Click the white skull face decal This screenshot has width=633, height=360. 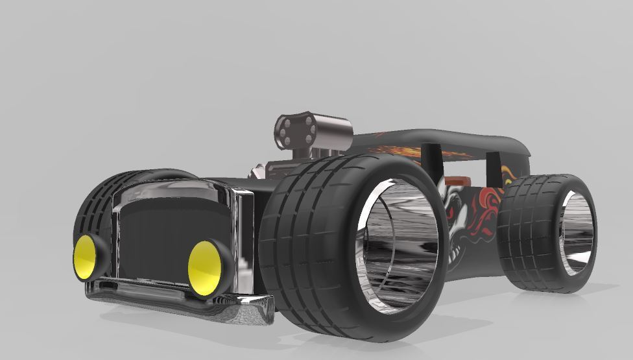click(454, 214)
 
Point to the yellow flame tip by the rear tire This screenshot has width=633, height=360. click(506, 173)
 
